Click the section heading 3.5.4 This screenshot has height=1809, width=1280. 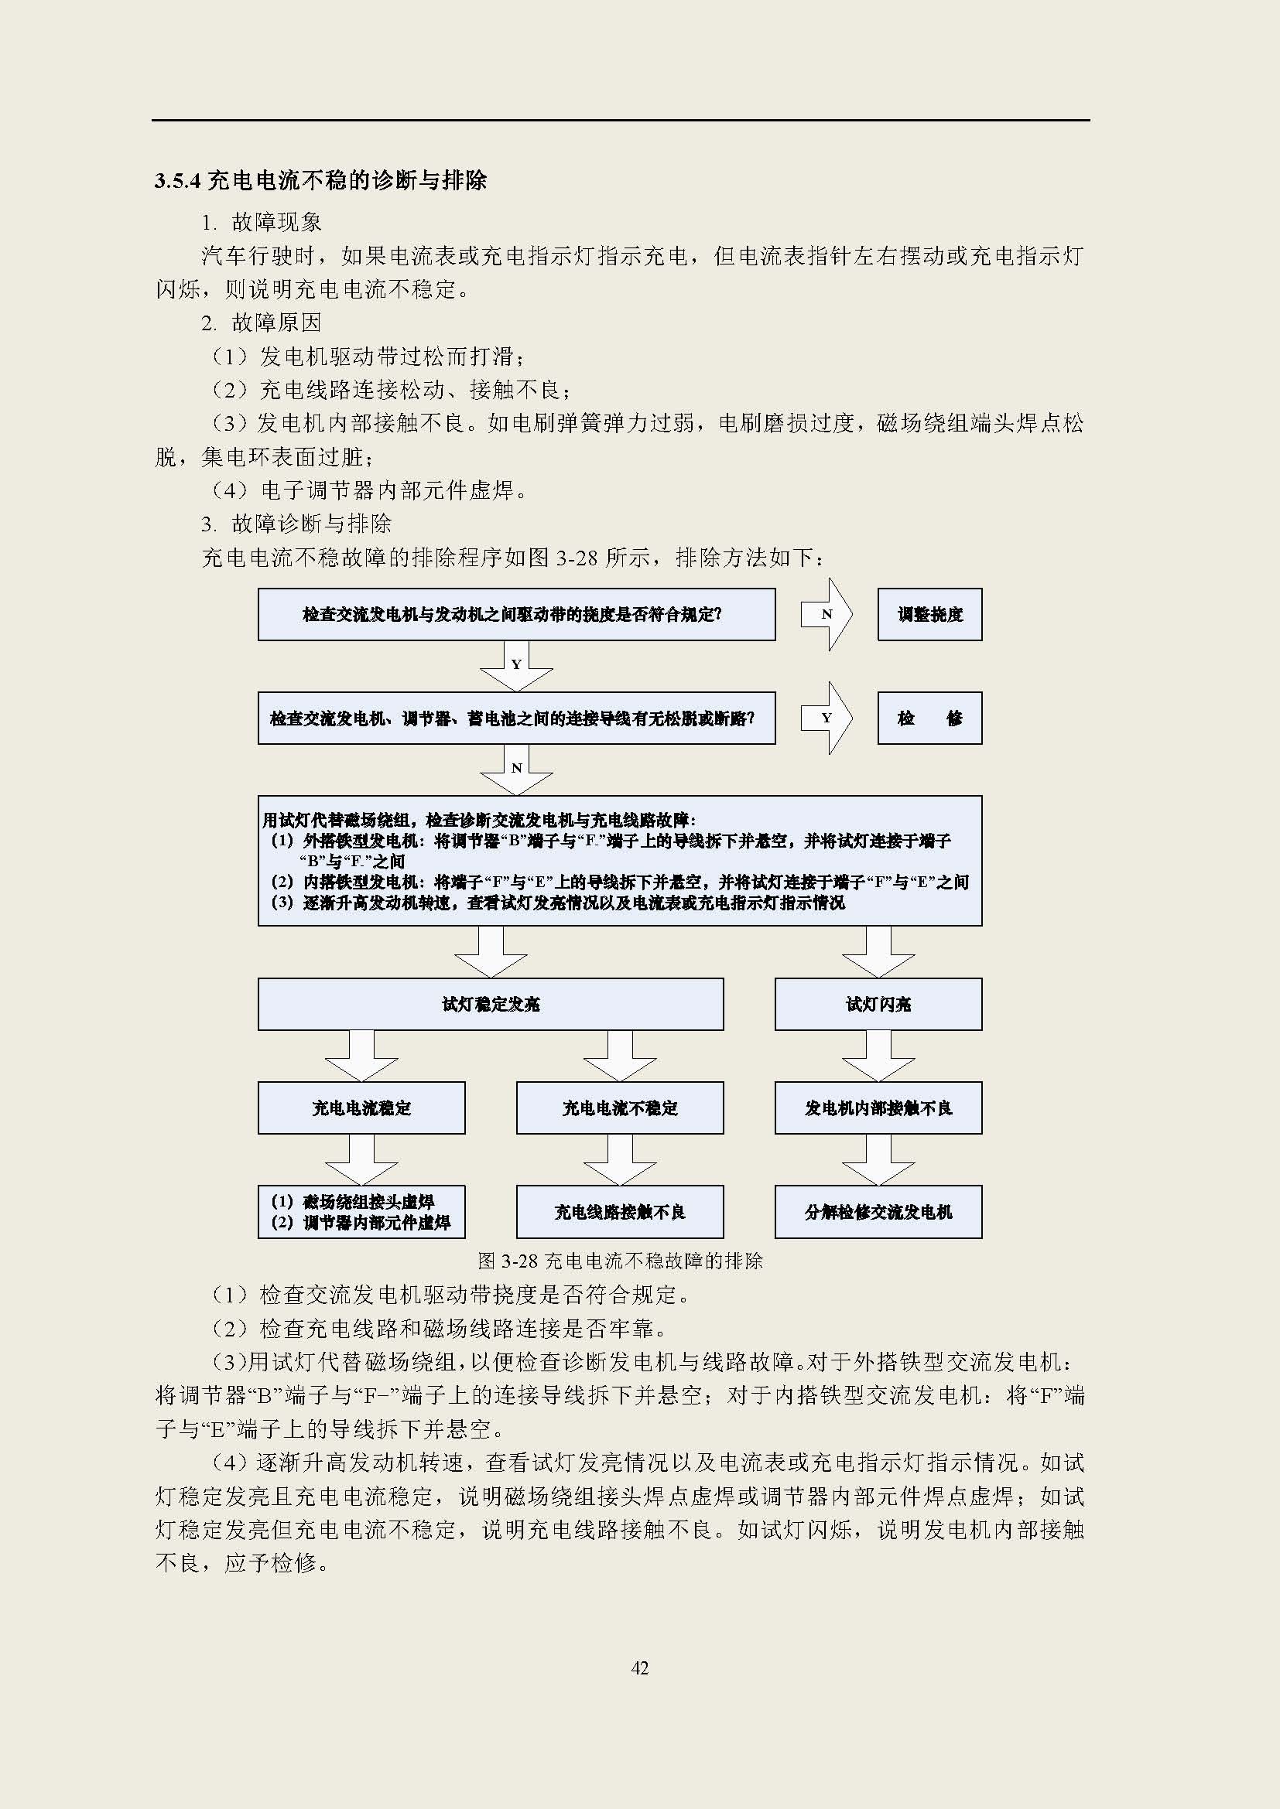click(x=320, y=180)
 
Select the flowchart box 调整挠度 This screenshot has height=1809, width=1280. click(x=929, y=615)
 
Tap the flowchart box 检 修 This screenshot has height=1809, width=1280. click(x=929, y=718)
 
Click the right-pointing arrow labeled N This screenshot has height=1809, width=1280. click(x=827, y=615)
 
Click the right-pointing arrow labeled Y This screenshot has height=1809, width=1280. click(x=827, y=718)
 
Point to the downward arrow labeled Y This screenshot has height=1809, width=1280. click(x=516, y=665)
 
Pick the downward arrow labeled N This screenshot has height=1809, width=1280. click(x=516, y=769)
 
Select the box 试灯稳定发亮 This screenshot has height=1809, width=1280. click(x=490, y=1004)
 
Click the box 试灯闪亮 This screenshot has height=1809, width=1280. click(x=878, y=1004)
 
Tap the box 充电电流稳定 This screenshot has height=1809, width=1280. click(x=361, y=1108)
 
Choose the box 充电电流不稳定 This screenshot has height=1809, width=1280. click(x=620, y=1108)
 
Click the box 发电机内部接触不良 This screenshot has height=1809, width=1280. click(x=878, y=1108)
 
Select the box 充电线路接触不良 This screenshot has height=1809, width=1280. click(x=620, y=1212)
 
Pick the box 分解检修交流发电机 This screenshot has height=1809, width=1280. click(x=878, y=1212)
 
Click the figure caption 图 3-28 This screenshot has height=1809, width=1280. click(x=621, y=1261)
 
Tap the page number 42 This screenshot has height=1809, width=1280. click(x=639, y=1668)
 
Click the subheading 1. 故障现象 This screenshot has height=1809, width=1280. click(x=262, y=222)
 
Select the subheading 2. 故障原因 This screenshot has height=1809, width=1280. click(x=262, y=323)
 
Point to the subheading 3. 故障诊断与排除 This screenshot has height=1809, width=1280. click(x=296, y=523)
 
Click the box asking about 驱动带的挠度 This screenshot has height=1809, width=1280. click(x=516, y=615)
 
